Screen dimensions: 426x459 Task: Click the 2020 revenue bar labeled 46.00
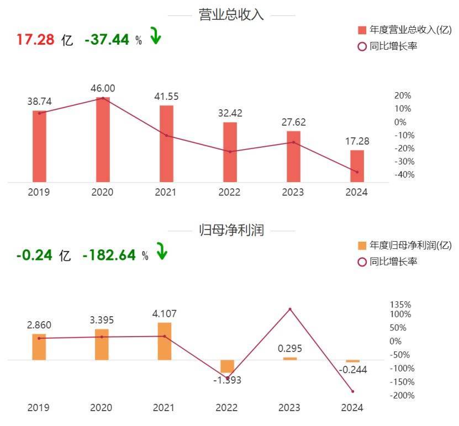[103, 140]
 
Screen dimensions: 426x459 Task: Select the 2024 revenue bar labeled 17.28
[357, 166]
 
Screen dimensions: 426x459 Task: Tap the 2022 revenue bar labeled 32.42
[230, 152]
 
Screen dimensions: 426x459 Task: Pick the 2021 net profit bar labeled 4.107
[165, 341]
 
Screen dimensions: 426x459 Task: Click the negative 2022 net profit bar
[227, 367]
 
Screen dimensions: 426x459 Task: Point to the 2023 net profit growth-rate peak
[290, 309]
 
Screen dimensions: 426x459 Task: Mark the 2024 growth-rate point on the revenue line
[357, 172]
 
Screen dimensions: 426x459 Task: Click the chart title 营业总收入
[231, 15]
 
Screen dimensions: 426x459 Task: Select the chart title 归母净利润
[231, 230]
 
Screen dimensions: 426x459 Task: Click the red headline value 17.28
[35, 39]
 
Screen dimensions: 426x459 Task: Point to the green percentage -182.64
[109, 255]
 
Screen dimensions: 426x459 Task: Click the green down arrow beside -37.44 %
[155, 37]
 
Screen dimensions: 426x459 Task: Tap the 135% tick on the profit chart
[400, 305]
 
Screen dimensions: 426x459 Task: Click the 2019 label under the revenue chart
[39, 192]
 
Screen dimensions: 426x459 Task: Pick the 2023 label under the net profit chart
[289, 407]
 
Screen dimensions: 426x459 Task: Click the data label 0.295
[290, 349]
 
